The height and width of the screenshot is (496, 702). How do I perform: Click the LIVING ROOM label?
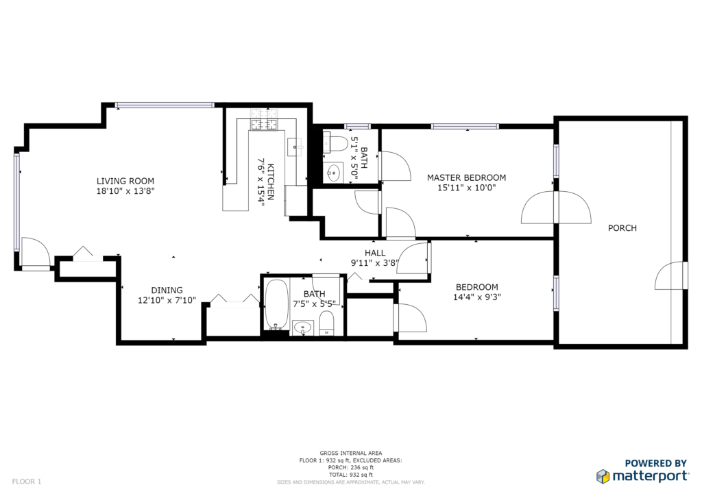[x=125, y=181]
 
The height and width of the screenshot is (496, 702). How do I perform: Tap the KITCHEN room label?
[x=270, y=182]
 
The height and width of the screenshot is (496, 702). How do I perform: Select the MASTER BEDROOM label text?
[x=466, y=177]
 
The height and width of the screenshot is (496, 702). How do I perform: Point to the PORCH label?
[x=622, y=228]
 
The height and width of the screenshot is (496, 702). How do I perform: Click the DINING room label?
[x=167, y=290]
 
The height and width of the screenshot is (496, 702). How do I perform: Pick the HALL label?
[x=375, y=253]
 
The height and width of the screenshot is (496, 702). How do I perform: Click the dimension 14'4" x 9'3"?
[x=477, y=297]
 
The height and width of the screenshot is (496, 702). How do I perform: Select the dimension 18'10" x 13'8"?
[x=125, y=191]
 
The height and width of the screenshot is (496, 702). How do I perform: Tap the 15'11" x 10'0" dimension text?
[x=466, y=188]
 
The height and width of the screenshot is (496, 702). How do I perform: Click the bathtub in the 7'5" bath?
[x=276, y=305]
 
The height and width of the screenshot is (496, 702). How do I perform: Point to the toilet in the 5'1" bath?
[x=335, y=143]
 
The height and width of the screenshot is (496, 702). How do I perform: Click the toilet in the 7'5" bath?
[x=327, y=323]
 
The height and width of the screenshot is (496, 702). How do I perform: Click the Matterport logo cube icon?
[x=603, y=476]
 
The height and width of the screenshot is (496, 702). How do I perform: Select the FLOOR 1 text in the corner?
[x=27, y=482]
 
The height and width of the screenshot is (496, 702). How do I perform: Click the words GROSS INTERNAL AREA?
[x=351, y=453]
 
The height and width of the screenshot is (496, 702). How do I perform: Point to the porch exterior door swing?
[x=670, y=275]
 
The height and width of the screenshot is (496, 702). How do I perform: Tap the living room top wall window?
[x=165, y=106]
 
